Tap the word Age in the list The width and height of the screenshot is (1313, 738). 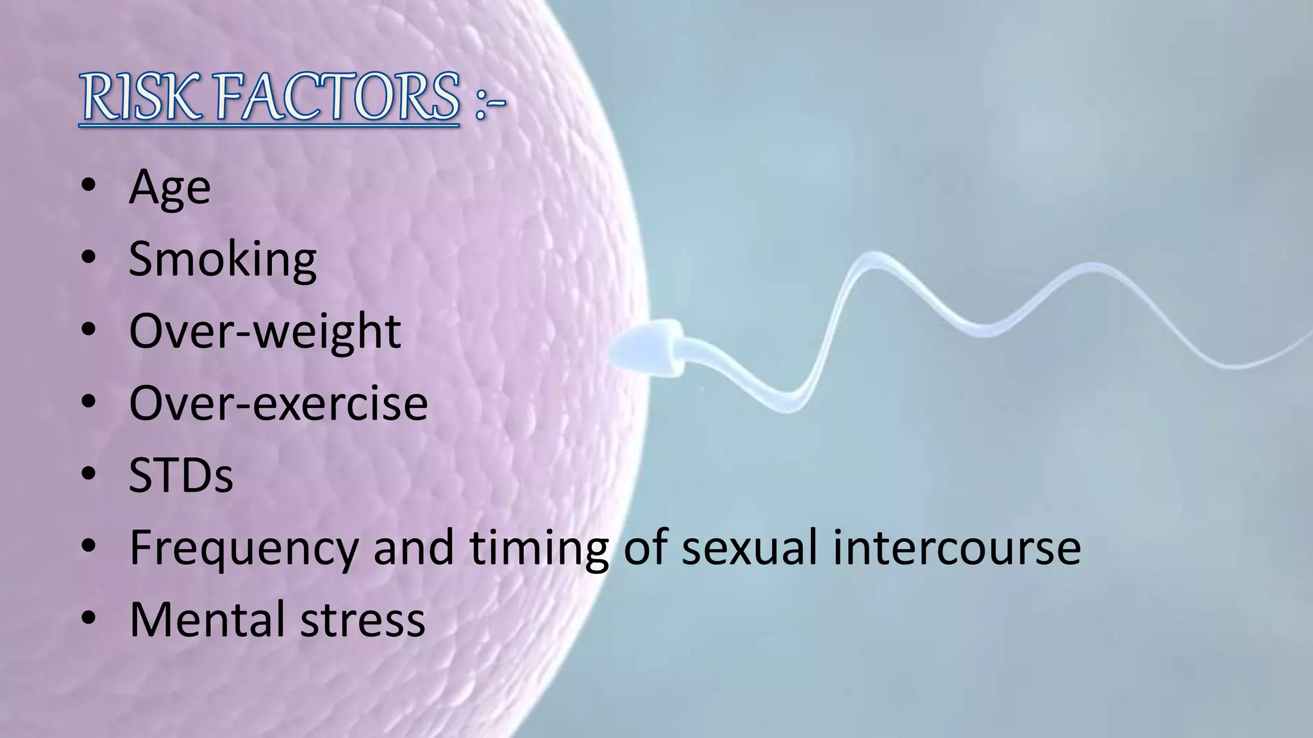coord(169,188)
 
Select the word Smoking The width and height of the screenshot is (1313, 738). coord(222,259)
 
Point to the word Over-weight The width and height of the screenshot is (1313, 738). coord(265,332)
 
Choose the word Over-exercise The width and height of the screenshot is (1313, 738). coord(278,404)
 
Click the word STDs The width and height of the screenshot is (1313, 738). coord(181,475)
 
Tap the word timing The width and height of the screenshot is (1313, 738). coord(539,548)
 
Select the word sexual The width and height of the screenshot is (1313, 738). coord(749,548)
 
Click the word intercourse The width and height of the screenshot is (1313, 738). coord(957,548)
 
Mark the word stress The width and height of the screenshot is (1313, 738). coord(363,619)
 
